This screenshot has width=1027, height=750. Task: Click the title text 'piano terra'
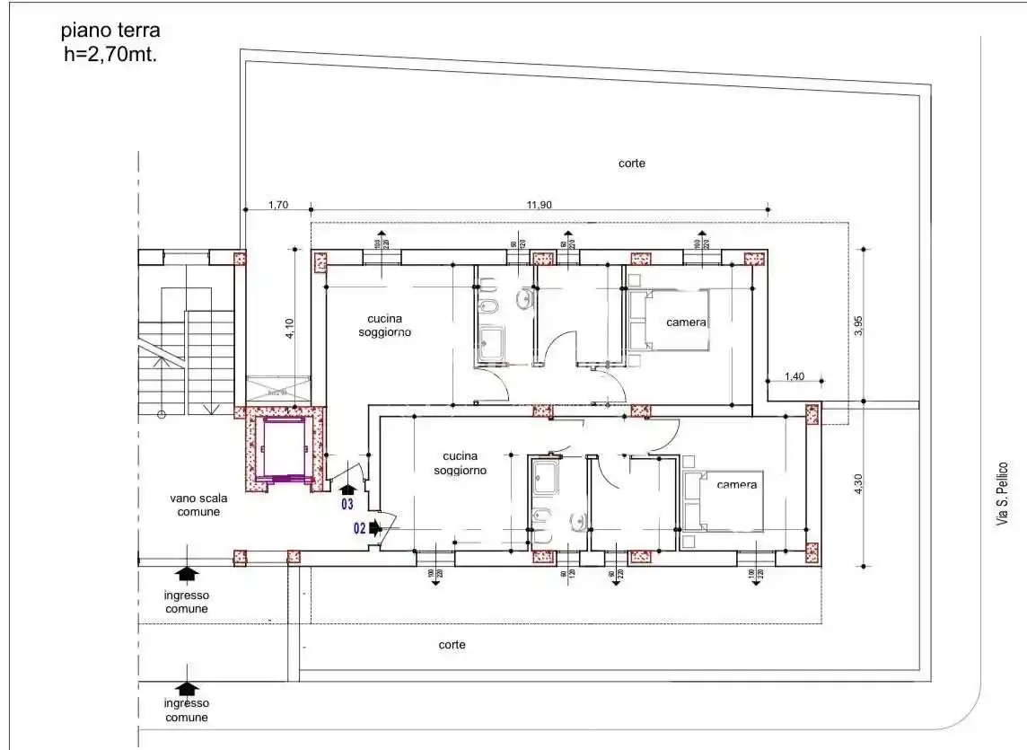pyautogui.click(x=110, y=31)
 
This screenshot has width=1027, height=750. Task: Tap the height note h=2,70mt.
pyautogui.click(x=110, y=53)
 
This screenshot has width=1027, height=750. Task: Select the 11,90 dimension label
pyautogui.click(x=539, y=205)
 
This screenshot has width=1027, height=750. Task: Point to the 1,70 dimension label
pyautogui.click(x=278, y=205)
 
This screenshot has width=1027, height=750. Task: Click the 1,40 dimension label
pyautogui.click(x=794, y=376)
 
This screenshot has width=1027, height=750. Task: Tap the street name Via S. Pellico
pyautogui.click(x=1003, y=494)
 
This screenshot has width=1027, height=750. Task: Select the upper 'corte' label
pyautogui.click(x=631, y=163)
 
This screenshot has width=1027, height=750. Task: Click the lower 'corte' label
pyautogui.click(x=452, y=645)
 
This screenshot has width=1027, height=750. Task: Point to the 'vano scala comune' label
pyautogui.click(x=195, y=505)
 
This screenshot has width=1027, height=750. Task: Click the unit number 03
pyautogui.click(x=347, y=505)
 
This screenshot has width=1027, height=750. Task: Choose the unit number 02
pyautogui.click(x=359, y=529)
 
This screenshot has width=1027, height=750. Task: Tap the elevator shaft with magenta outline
pyautogui.click(x=284, y=448)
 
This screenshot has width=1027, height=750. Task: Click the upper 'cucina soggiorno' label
pyautogui.click(x=378, y=325)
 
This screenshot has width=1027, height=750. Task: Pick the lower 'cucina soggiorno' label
pyautogui.click(x=460, y=463)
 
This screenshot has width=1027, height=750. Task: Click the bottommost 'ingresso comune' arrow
pyautogui.click(x=187, y=689)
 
